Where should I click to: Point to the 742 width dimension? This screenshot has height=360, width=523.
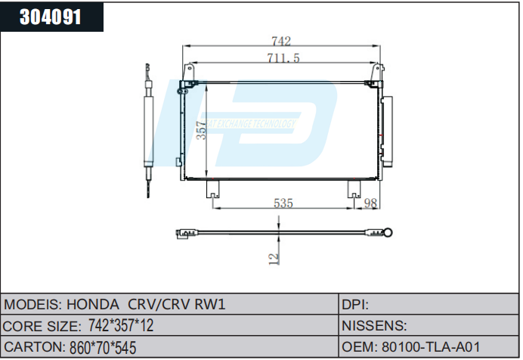pos(280,42)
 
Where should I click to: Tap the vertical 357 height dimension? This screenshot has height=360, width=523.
pos(201,131)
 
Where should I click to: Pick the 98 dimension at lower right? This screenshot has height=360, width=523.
pos(370,203)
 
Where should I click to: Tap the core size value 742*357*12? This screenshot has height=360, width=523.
pos(121,326)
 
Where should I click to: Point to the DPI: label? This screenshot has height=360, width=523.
pos(355,306)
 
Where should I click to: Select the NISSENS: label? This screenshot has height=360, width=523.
pos(376,326)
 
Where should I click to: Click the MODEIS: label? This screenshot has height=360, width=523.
pos(32,306)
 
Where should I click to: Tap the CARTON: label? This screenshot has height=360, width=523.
pos(33,346)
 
